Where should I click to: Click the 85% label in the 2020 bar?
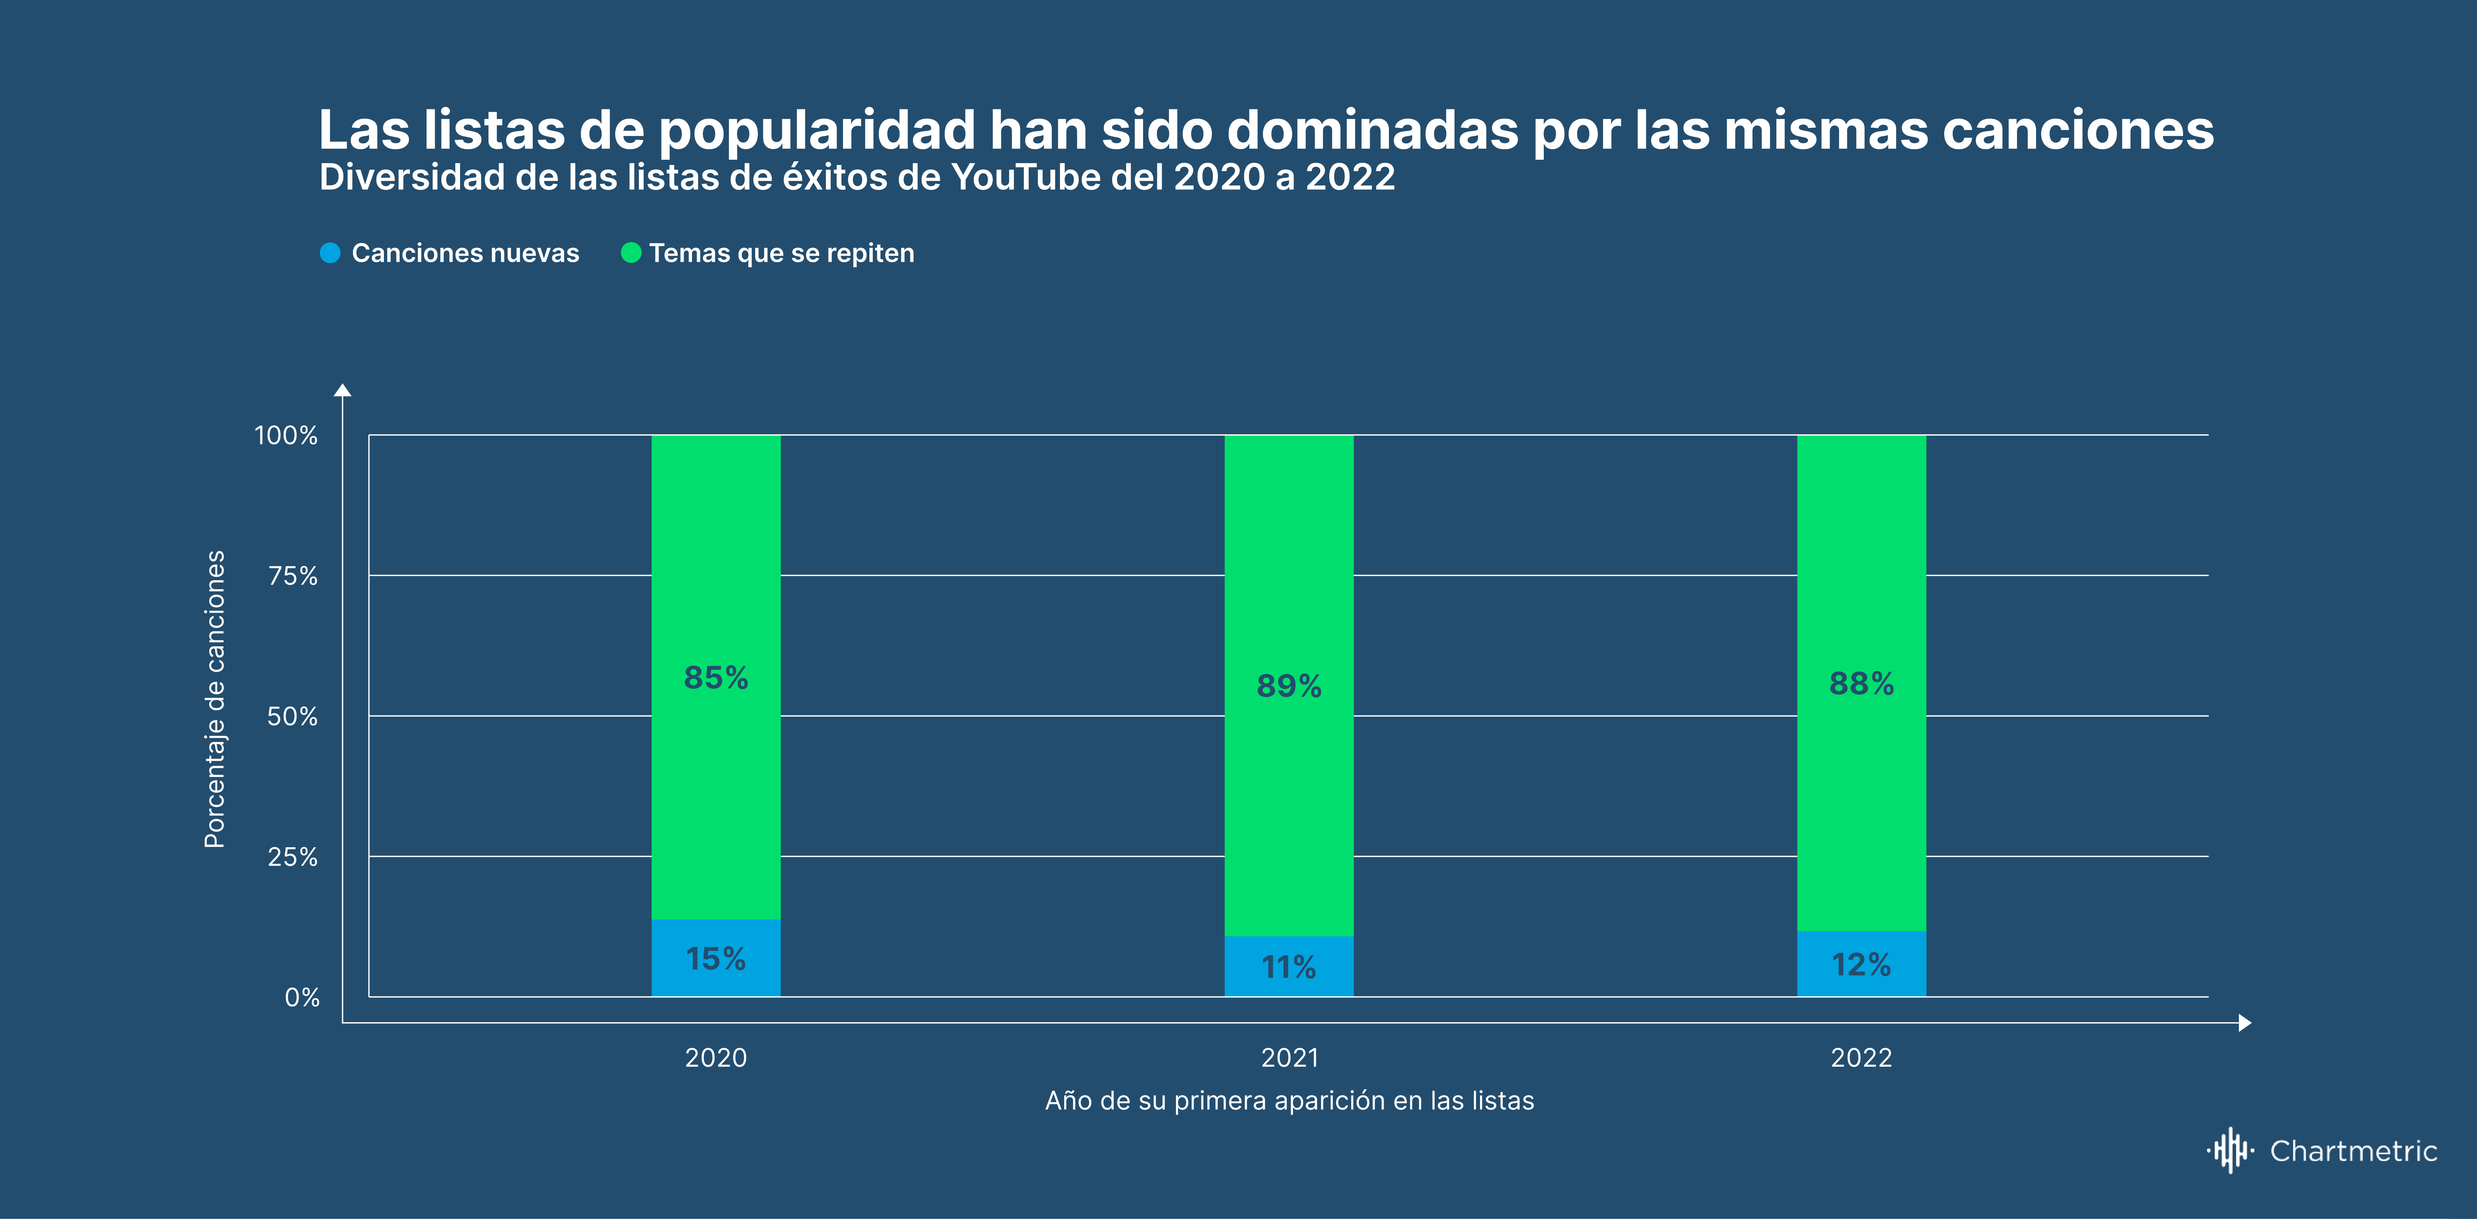pos(716,678)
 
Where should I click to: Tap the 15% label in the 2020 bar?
pos(716,958)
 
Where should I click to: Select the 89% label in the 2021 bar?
pos(1288,685)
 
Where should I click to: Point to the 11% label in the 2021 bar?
pos(1288,966)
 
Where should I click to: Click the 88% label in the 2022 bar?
pos(1861,683)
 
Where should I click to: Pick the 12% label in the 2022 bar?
pos(1861,964)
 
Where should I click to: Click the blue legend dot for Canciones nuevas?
pos(330,253)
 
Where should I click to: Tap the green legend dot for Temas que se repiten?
pos(631,253)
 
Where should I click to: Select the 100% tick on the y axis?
pos(285,436)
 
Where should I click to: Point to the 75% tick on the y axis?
pos(292,576)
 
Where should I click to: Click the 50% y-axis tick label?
pos(292,716)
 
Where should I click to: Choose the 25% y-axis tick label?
pos(292,857)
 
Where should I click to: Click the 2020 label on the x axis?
pos(716,1057)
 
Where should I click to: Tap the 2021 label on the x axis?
pos(1290,1057)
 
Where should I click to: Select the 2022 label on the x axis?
pos(1861,1057)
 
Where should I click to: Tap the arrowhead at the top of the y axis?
pos(342,389)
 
